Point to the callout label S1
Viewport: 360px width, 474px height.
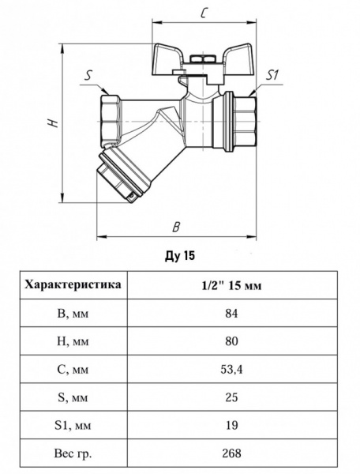pos(272,75)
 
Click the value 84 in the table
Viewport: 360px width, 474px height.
pos(231,313)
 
